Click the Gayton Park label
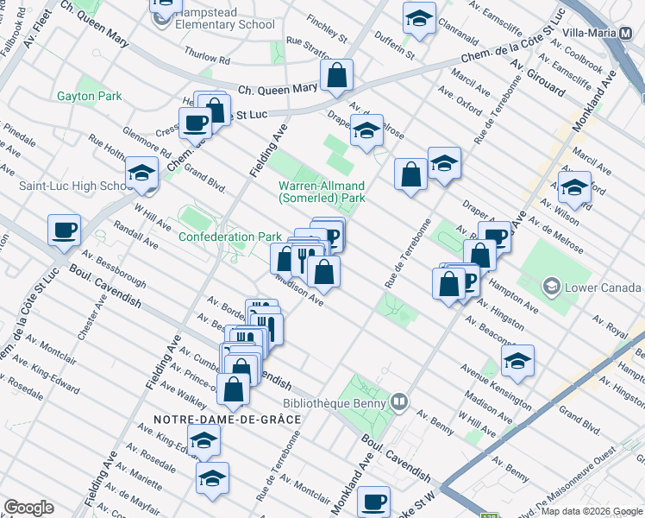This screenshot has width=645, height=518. (90, 96)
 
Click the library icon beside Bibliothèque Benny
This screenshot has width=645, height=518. (398, 401)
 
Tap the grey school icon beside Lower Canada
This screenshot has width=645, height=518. (550, 286)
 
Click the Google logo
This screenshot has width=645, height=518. (28, 507)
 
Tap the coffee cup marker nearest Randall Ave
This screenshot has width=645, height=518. (64, 230)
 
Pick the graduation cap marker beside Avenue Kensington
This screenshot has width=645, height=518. (517, 361)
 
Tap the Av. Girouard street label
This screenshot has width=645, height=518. (537, 78)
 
